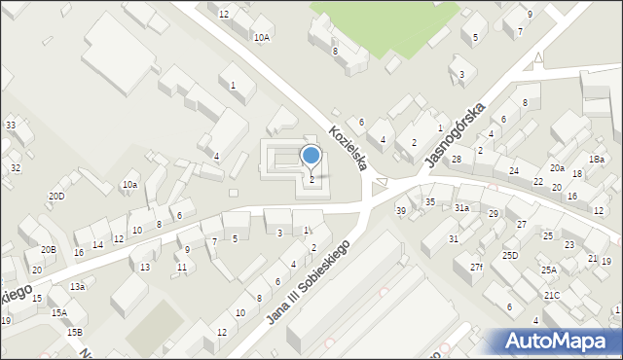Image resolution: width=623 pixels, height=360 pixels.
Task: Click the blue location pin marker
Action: click(x=311, y=157)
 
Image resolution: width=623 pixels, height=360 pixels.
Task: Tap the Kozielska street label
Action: click(x=348, y=148)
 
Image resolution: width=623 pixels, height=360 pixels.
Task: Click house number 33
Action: click(x=11, y=126)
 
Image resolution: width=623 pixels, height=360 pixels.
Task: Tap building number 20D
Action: click(x=56, y=197)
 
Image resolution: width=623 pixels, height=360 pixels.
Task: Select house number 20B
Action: click(x=48, y=250)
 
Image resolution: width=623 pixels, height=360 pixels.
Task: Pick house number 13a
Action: click(x=78, y=286)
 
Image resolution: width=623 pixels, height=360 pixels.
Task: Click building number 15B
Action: click(x=75, y=332)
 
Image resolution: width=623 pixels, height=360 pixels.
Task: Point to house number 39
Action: click(x=400, y=211)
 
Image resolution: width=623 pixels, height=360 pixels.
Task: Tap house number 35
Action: click(x=429, y=201)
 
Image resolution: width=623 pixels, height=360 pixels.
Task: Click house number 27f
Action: click(x=475, y=267)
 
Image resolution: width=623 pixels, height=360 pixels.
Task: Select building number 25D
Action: click(x=510, y=255)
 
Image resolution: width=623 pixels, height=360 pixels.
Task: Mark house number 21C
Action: click(x=552, y=295)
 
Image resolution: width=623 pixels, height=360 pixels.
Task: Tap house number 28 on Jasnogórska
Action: click(x=456, y=159)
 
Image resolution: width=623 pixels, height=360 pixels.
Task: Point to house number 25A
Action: click(x=549, y=270)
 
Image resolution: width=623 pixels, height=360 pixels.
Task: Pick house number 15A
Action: click(x=59, y=312)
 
